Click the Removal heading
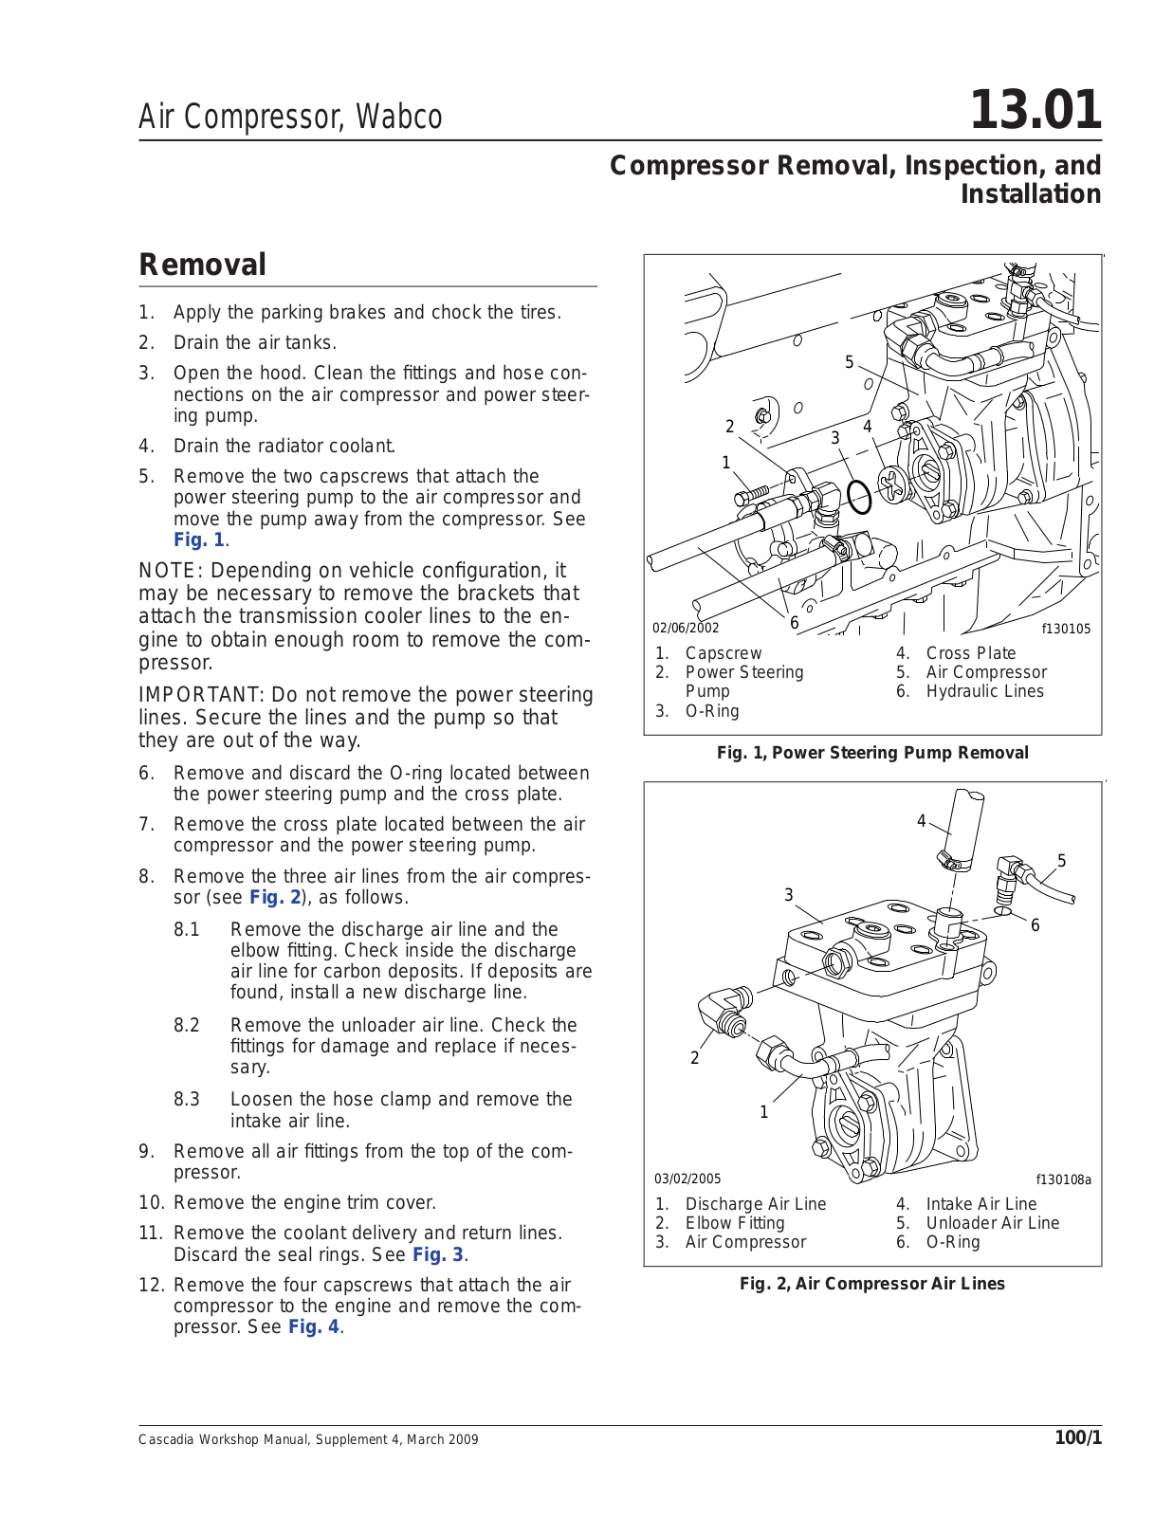pos(203,265)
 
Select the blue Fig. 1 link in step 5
pos(199,540)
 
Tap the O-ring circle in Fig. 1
pos(859,496)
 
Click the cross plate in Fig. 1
pos(893,485)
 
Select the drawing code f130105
pos(1066,629)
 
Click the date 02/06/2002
pos(686,628)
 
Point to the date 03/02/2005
pos(687,1179)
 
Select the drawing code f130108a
pos(1063,1180)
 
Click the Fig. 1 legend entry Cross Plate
pos(970,653)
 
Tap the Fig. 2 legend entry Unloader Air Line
pos(992,1223)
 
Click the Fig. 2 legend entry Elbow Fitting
pos(734,1223)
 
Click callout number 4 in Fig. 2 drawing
pos(921,821)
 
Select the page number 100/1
pos(1078,1438)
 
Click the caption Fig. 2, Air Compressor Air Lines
pos(871,1284)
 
